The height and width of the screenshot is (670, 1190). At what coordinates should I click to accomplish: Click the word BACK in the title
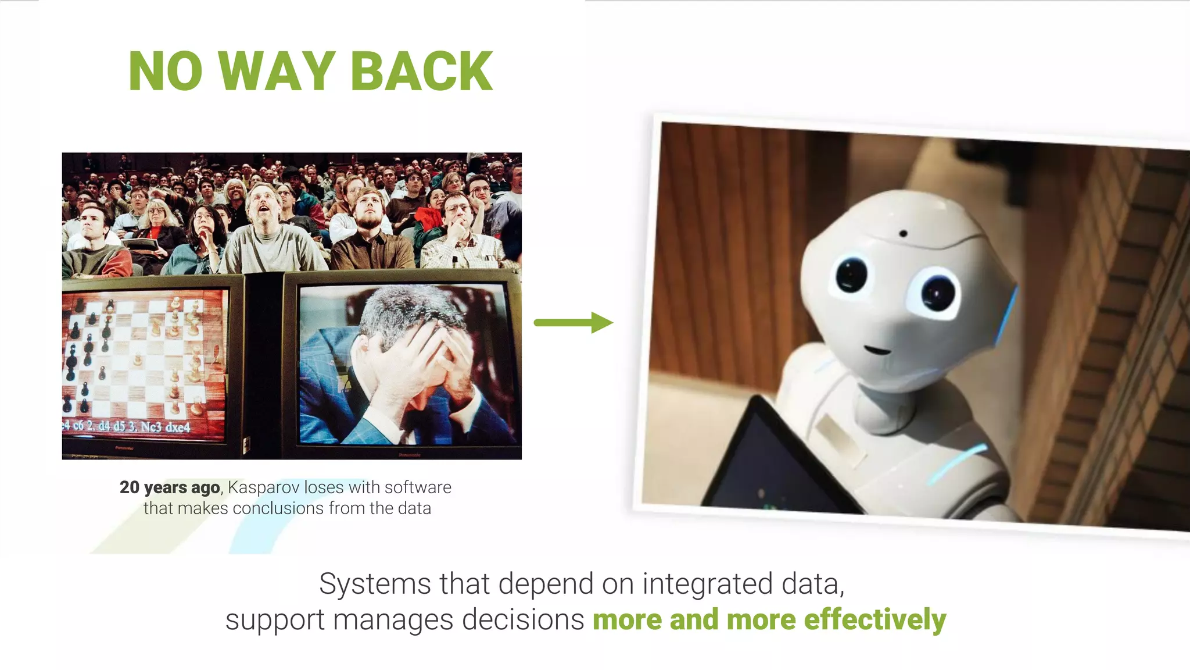coord(422,72)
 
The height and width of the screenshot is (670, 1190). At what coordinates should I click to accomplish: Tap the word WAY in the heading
coord(278,72)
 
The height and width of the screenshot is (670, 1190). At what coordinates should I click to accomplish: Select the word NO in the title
coord(166,72)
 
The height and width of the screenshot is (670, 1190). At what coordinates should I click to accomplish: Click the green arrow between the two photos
coord(573,322)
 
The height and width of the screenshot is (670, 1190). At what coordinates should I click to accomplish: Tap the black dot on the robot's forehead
coord(903,234)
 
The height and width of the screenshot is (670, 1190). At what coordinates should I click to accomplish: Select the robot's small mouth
coord(877,350)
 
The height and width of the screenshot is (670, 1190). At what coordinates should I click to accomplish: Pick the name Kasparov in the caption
coord(263,487)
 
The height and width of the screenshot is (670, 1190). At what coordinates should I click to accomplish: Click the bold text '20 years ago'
coord(170,487)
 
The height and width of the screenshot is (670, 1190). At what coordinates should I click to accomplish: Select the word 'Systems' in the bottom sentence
coord(375,583)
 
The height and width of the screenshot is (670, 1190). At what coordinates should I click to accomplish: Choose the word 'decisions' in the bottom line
coord(523,619)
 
